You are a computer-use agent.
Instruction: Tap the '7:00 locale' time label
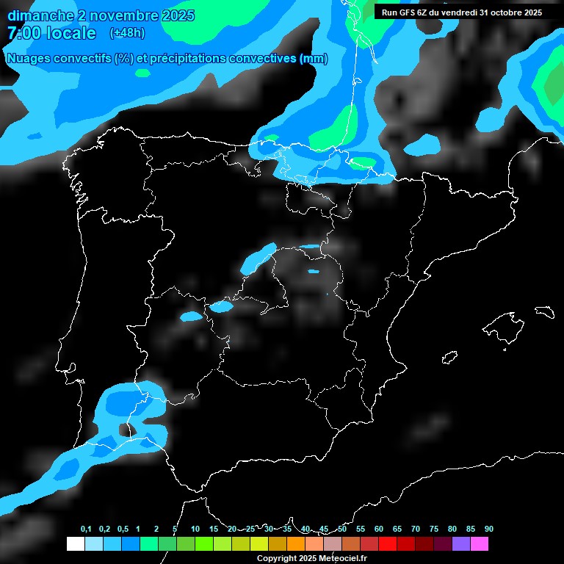click(x=51, y=33)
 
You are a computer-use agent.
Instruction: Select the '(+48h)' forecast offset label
click(x=128, y=33)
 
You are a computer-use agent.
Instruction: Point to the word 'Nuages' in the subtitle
click(x=29, y=59)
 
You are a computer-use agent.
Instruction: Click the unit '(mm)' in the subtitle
click(x=314, y=59)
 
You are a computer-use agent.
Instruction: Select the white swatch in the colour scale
click(x=75, y=543)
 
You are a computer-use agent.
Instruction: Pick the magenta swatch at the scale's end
click(x=480, y=543)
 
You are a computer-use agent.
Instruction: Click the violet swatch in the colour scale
click(x=461, y=543)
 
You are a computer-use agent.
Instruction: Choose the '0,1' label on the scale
click(x=86, y=529)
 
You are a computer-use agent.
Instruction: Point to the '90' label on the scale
click(x=488, y=529)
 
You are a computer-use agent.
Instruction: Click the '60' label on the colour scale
click(x=379, y=529)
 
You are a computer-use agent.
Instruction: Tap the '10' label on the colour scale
click(x=195, y=529)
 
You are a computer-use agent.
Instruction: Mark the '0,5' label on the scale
click(x=123, y=529)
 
